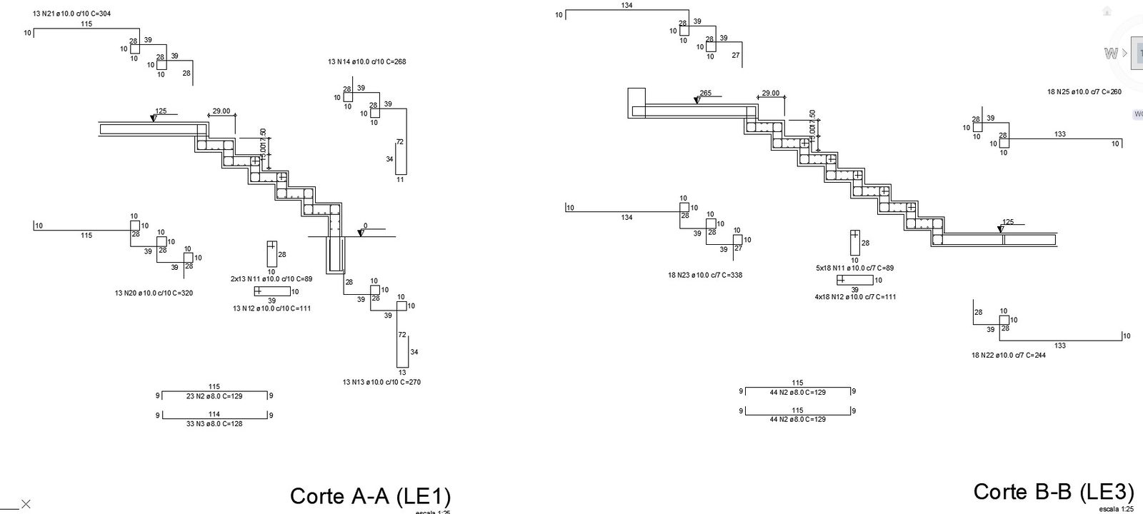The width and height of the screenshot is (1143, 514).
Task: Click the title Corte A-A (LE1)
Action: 370,497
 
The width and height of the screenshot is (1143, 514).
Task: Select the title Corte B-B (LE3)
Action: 1053,493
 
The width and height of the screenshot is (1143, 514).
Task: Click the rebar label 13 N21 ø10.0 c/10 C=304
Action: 71,14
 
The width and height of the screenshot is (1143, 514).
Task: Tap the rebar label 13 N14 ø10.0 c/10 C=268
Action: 367,62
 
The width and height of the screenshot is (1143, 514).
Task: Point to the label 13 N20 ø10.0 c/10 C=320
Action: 154,293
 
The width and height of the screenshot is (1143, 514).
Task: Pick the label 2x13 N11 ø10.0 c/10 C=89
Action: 271,278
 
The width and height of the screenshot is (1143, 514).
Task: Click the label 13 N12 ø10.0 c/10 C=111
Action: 271,308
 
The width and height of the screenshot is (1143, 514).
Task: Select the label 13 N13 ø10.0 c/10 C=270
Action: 381,382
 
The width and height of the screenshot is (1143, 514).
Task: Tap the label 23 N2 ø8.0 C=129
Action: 214,396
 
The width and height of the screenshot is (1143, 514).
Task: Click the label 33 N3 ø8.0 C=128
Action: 214,423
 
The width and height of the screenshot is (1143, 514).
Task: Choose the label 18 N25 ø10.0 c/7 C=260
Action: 1084,92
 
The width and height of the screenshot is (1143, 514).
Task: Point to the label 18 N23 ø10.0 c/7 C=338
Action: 705,275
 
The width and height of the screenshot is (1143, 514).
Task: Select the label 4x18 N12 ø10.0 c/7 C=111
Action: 855,297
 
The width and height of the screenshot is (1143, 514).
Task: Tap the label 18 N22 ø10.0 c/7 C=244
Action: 1008,356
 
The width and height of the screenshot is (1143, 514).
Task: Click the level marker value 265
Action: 705,94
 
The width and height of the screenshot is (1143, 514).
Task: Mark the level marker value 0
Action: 365,226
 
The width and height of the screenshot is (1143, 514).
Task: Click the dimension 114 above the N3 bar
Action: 214,414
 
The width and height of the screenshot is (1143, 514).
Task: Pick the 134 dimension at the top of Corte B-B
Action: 627,6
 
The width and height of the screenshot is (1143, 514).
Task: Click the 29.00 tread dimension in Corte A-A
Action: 221,111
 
